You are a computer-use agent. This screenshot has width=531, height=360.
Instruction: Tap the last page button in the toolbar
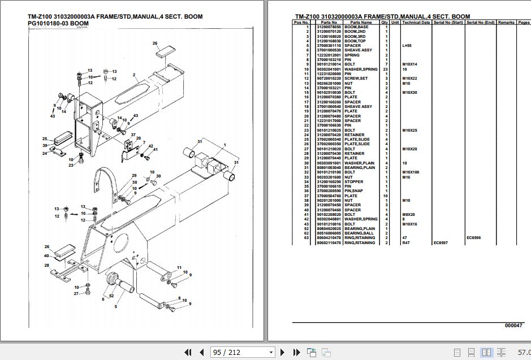point(296,353)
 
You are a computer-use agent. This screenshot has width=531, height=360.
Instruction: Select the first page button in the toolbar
point(188,353)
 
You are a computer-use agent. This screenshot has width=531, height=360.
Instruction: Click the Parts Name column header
point(359,23)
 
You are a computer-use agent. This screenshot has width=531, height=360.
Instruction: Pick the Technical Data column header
point(416,23)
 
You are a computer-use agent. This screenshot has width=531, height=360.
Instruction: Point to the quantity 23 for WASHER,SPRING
point(386,69)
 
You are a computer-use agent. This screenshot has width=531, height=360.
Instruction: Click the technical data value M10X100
point(411,172)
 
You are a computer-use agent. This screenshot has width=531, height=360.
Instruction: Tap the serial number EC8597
point(441,243)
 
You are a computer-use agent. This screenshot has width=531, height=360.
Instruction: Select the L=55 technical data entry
point(407,46)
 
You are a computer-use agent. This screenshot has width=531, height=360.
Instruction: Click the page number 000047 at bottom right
point(513,326)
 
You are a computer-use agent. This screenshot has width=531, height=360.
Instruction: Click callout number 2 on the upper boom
point(135,75)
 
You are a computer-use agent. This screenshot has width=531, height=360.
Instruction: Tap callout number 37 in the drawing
point(133,135)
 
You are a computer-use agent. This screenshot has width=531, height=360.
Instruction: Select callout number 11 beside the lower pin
point(179,267)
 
